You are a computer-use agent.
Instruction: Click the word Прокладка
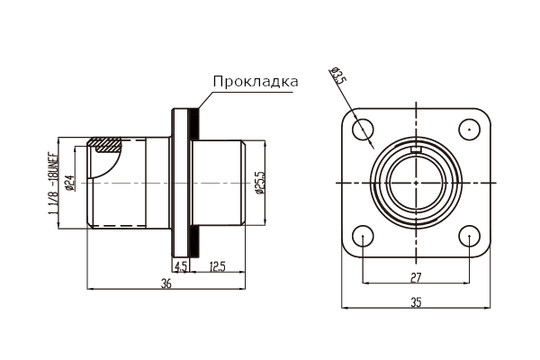[x=256, y=82]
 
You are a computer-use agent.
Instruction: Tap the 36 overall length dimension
[x=166, y=283]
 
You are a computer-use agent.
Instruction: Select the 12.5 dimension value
[x=217, y=266]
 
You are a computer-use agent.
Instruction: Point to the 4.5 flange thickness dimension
[x=181, y=266]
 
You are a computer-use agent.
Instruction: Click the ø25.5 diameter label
[x=260, y=183]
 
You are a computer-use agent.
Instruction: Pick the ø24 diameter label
[x=70, y=183]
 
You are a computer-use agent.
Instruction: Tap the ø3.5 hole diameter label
[x=337, y=76]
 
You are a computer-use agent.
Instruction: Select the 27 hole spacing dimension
[x=416, y=277]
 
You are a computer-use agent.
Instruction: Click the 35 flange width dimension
[x=416, y=302]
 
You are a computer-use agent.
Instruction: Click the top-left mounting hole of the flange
[x=363, y=130]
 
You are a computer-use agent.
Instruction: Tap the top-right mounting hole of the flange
[x=469, y=130]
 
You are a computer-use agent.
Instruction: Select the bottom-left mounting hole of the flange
[x=363, y=236]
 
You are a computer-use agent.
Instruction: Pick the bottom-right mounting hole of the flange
[x=469, y=236]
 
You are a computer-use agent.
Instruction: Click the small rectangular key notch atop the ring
[x=416, y=149]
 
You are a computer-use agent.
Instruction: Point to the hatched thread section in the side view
[x=104, y=145]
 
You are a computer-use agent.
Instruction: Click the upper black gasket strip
[x=193, y=125]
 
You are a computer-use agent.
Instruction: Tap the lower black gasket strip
[x=193, y=241]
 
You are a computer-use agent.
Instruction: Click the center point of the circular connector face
[x=416, y=183]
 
